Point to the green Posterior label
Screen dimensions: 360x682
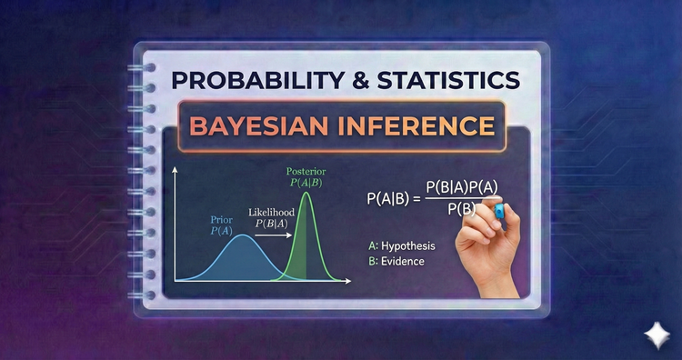pos(306,176)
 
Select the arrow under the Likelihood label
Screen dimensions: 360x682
pos(273,235)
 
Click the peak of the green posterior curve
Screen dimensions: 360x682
pos(306,193)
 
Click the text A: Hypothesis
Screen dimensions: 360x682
pos(402,245)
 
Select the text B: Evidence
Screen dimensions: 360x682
pos(396,261)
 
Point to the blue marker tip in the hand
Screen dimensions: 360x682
pos(498,211)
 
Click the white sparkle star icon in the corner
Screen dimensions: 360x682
pos(654,334)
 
